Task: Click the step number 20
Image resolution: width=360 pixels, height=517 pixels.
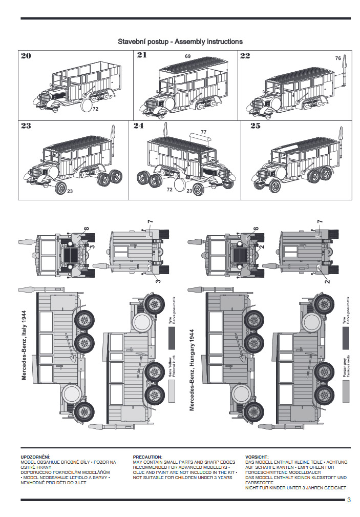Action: coord(26,56)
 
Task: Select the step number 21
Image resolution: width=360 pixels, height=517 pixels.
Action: coord(142,55)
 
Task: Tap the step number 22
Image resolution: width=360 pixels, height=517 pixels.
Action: coord(245,56)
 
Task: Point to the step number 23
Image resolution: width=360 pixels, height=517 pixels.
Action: coord(26,126)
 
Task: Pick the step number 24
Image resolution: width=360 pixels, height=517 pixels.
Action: coord(138,126)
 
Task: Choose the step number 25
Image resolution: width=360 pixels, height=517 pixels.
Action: coord(256,126)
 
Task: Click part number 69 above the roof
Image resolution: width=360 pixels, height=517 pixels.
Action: coord(188,56)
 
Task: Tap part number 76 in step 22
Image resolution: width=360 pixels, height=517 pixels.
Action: coord(338,58)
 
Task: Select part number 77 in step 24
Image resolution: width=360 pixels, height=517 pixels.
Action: coord(203,132)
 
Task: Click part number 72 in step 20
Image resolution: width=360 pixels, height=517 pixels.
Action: coord(96,109)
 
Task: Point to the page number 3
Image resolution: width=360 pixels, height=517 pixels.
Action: coord(349,500)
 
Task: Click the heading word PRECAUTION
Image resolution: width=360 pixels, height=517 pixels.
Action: coord(147,457)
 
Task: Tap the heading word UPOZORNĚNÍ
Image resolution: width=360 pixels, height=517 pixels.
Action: coord(35,457)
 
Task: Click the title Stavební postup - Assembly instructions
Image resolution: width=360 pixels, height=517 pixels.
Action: coord(180,42)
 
